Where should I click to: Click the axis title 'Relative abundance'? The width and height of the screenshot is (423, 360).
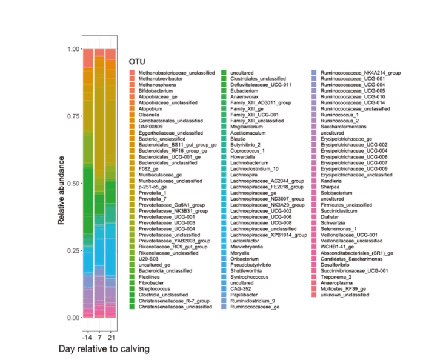pos(62,183)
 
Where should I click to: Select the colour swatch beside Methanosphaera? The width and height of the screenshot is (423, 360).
pos(132,85)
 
